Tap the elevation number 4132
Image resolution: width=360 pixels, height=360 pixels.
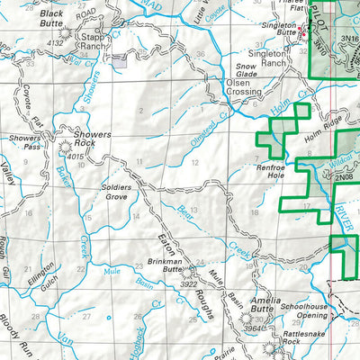[56, 42]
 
